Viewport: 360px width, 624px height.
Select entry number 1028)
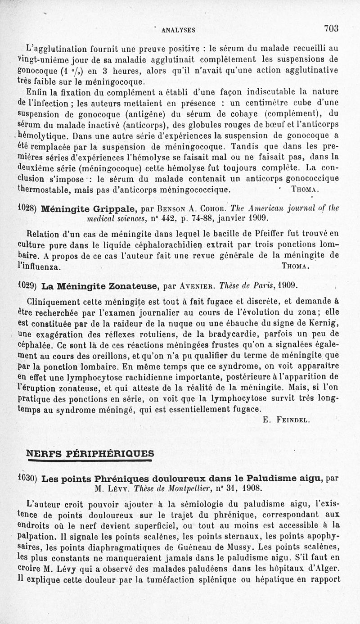click(x=28, y=208)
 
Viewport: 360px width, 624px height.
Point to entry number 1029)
click(x=28, y=285)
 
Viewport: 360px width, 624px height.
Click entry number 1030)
click(x=28, y=477)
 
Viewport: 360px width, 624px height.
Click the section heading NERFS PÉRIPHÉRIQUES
click(x=90, y=452)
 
